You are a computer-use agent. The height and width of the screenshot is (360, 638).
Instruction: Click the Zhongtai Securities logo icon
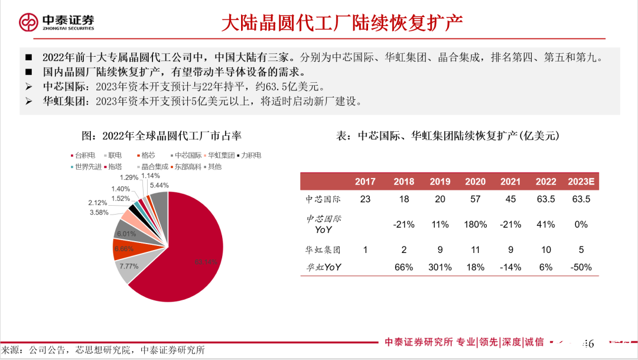pos(28,22)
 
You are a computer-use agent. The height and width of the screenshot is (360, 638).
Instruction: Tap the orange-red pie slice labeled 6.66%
pos(123,249)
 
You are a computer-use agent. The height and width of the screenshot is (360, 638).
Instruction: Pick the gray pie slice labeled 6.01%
pos(126,232)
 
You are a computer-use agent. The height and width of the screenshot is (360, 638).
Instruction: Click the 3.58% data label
pos(99,212)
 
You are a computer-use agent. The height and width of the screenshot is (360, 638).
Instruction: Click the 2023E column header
pos(581,181)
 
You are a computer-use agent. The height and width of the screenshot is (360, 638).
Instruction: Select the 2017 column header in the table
pos(365,181)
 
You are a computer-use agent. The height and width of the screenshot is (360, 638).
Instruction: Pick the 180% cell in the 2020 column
pos(475,225)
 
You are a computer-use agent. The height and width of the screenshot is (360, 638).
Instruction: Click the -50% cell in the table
pos(581,267)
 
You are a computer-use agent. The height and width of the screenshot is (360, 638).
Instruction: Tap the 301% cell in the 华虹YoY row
pos(440,267)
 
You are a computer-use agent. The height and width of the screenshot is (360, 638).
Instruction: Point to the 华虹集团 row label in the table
pos(323,250)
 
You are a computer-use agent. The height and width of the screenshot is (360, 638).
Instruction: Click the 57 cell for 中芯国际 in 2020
pos(475,199)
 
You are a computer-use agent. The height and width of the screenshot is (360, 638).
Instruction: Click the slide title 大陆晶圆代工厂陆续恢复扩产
pos(341,23)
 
